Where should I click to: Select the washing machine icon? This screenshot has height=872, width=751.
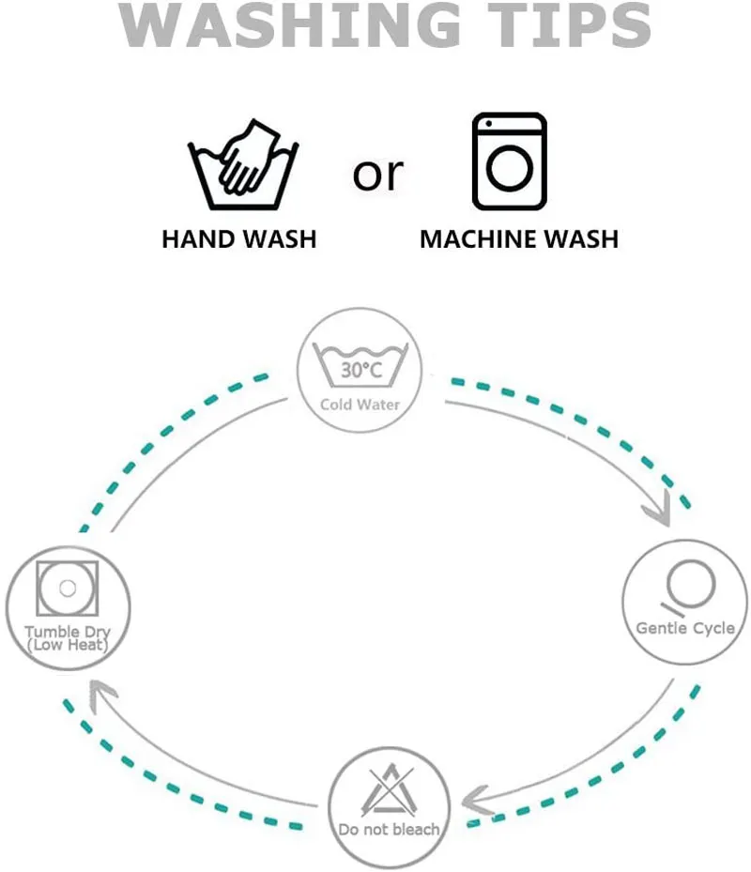(509, 161)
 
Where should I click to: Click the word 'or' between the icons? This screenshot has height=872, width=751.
(378, 174)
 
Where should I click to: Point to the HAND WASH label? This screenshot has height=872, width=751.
(239, 238)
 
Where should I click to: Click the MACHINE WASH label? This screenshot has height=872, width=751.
(519, 238)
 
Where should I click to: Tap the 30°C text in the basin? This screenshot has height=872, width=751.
(361, 371)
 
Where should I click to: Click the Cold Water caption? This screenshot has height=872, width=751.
(360, 405)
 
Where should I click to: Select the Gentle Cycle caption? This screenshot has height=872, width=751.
(685, 628)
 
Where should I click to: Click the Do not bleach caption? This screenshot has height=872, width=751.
(389, 830)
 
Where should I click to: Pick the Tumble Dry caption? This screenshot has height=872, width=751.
(67, 632)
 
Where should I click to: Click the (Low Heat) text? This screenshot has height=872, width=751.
(67, 646)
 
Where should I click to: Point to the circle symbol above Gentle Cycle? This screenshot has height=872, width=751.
(684, 583)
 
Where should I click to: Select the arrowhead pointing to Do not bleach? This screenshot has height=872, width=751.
(478, 800)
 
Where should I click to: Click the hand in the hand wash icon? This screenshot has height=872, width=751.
(247, 158)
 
